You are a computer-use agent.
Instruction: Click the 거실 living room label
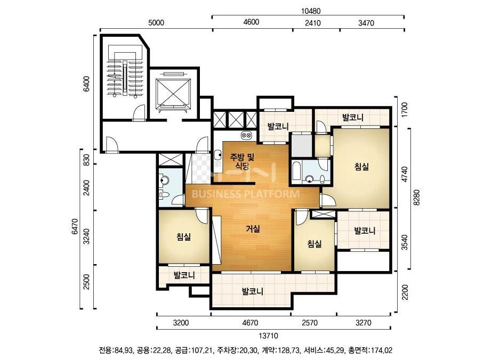pos(253,229)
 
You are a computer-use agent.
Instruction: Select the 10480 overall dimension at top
pos(311,11)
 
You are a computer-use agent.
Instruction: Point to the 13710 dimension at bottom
pos(269,336)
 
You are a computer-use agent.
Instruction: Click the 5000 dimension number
pos(156,22)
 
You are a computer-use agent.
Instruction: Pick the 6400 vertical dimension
pos(86,84)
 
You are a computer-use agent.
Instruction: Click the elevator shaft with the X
pos(173,93)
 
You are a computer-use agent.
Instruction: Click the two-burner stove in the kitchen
pos(246,135)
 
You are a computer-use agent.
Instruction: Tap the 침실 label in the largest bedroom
pos(361,167)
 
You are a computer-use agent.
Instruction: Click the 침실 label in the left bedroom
pos(183,237)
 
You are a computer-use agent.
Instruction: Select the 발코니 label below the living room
pos(253,292)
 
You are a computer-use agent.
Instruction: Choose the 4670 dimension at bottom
pos(251,323)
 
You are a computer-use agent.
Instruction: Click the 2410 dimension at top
pos(313,22)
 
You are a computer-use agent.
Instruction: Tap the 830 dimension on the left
pos(87,160)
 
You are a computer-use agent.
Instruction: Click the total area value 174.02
pos(382,350)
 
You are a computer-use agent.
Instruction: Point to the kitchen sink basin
pos(217,155)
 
